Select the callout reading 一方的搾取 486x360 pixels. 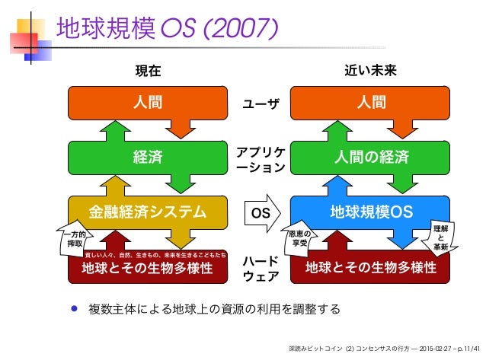pos(75,241)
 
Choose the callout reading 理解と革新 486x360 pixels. pos(440,237)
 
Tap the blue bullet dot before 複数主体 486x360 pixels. pos(73,310)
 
